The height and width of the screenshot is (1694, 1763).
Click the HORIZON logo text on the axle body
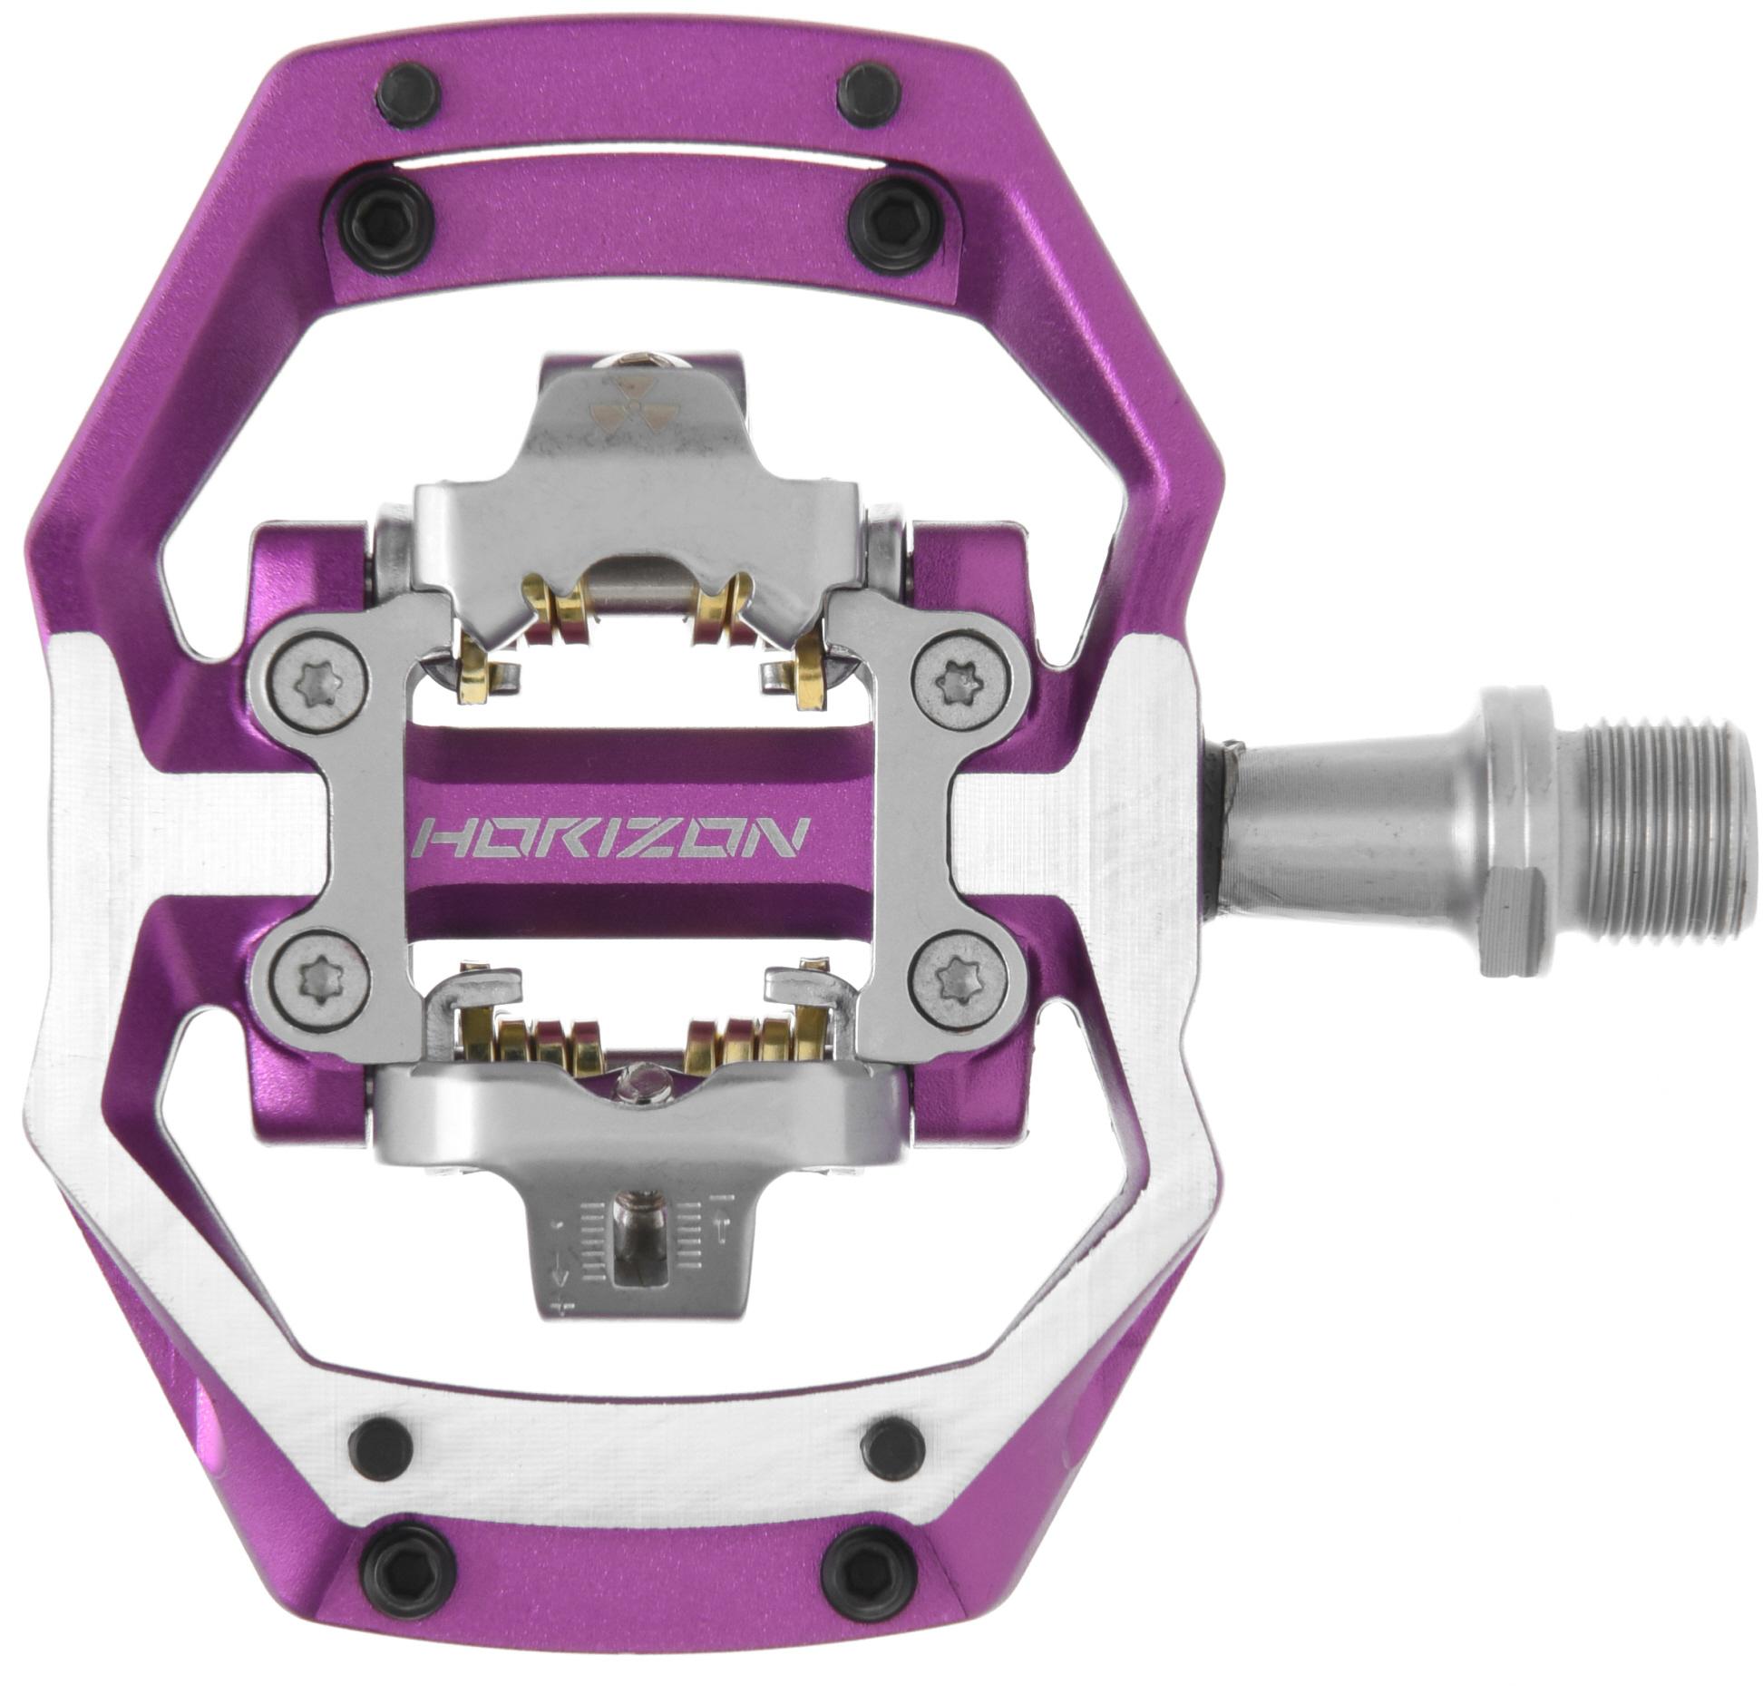[609, 838]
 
